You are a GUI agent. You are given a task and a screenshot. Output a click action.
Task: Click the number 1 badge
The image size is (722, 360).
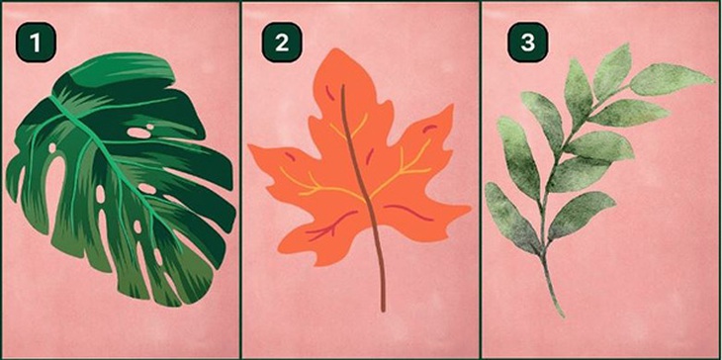point(36,42)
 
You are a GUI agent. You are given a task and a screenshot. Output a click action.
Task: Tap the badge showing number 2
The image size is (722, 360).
point(282,42)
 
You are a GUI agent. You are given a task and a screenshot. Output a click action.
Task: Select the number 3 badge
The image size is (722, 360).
point(528,42)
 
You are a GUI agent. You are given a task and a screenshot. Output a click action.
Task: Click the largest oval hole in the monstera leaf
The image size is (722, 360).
point(139,134)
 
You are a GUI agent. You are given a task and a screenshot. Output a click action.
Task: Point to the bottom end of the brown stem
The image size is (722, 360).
point(383,311)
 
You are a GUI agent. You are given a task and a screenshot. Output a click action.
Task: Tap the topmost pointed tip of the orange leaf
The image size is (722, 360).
point(336,48)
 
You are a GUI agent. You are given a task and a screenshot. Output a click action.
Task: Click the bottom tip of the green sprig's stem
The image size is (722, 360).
point(562,316)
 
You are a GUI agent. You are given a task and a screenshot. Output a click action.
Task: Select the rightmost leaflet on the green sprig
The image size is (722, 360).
point(672,80)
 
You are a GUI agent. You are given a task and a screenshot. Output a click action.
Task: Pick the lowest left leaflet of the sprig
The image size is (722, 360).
point(511,218)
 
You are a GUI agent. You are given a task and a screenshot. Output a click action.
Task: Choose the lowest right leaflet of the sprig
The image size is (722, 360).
point(582,215)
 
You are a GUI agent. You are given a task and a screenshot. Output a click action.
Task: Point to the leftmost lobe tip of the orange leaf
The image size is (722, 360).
point(250,146)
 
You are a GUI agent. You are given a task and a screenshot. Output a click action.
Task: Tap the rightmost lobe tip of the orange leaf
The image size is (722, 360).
point(469,211)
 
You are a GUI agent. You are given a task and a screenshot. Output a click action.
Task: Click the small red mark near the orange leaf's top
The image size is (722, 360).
point(329,93)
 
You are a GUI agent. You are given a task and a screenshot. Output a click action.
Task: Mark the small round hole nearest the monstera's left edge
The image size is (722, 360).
point(52,147)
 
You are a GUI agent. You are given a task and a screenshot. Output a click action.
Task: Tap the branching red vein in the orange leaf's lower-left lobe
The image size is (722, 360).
point(331,225)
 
